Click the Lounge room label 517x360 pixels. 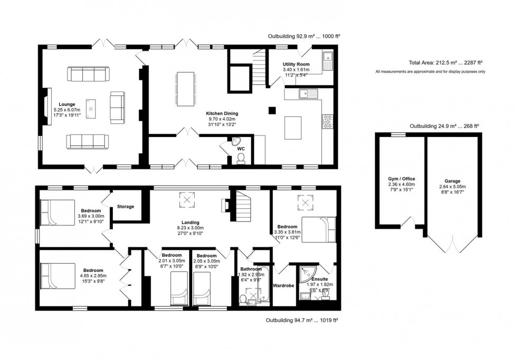tap(67, 104)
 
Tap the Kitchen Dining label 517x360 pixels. tap(223, 113)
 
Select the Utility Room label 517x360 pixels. tap(295, 64)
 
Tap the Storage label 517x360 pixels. tap(126, 206)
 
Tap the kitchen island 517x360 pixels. tap(293, 127)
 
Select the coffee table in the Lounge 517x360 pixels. tap(91, 109)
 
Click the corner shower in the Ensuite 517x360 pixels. tap(305, 272)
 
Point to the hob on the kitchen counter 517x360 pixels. tap(327, 122)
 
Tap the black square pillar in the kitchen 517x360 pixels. tap(272, 110)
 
